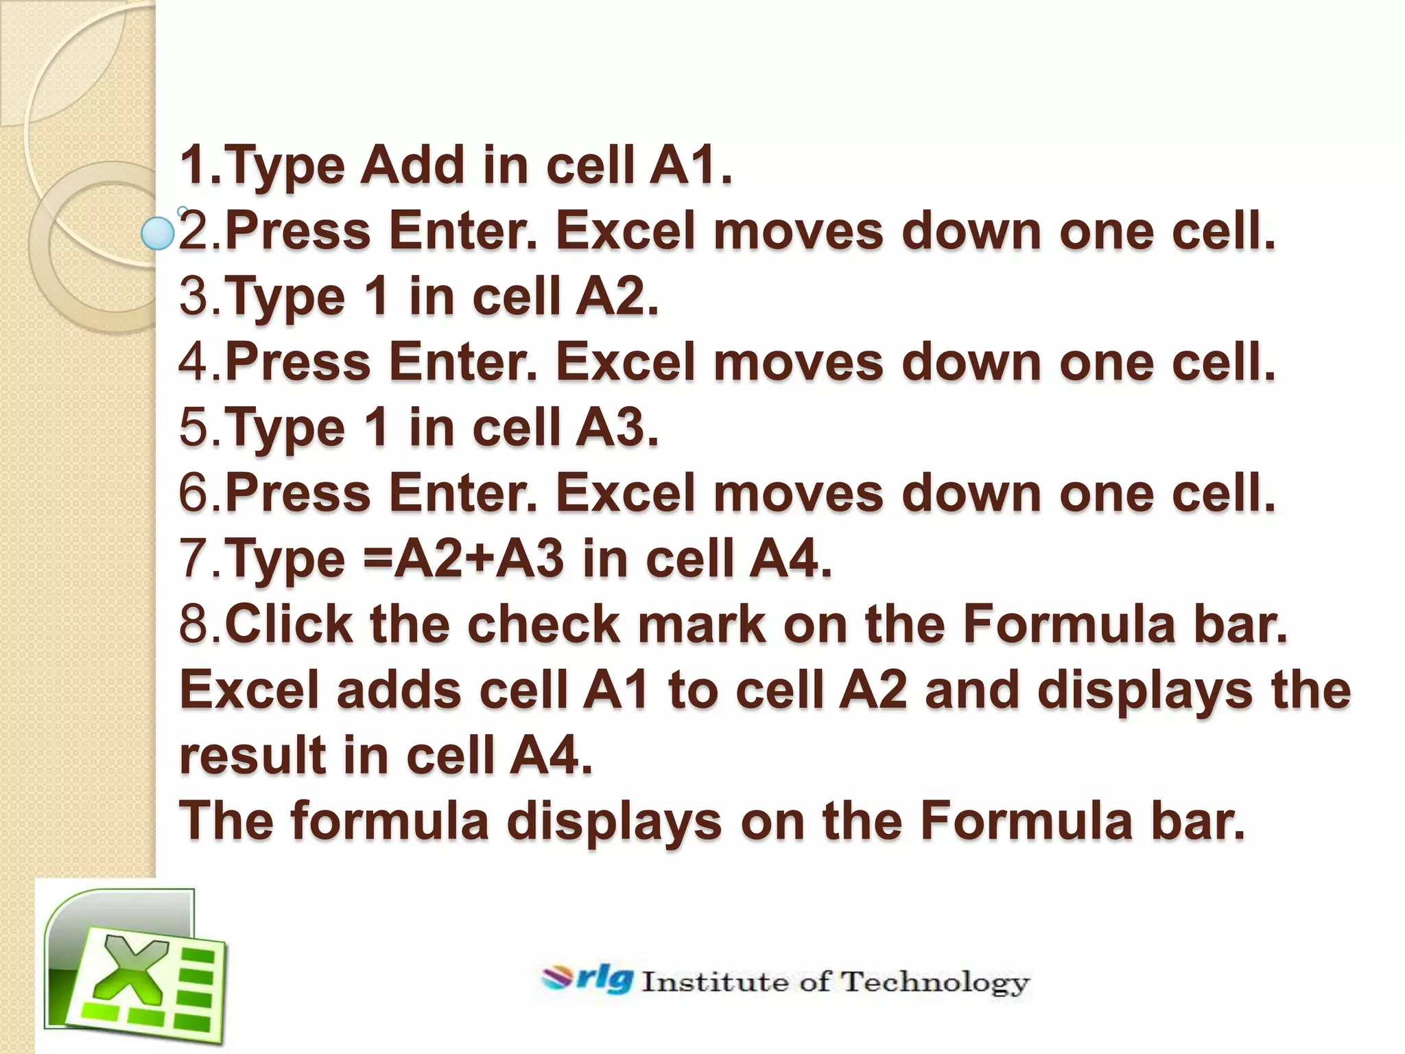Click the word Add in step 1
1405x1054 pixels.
[412, 166]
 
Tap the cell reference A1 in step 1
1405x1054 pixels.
[689, 166]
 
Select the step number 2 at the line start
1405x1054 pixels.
[195, 231]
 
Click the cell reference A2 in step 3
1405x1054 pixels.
[615, 297]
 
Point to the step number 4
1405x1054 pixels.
[195, 362]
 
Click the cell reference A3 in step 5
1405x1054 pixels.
[615, 428]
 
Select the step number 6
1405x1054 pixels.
[195, 493]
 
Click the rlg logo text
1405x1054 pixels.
[603, 979]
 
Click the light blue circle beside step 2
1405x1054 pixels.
[157, 233]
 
